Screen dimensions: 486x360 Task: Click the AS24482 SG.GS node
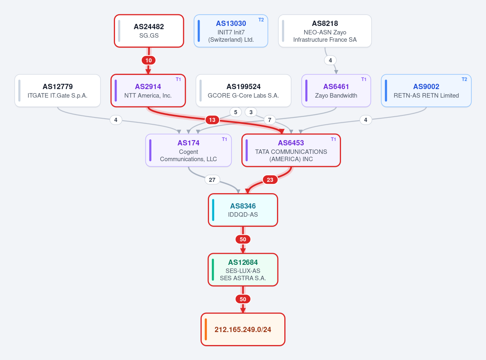pos(149,31)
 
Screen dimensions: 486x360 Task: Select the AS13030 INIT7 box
pos(231,31)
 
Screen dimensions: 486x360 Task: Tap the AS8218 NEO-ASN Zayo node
pos(325,31)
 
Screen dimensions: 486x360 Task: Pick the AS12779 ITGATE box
pos(58,90)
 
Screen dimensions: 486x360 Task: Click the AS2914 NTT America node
pos(148,90)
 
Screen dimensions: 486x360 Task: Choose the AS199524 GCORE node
pos(243,90)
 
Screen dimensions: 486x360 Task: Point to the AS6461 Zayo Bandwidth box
pos(336,90)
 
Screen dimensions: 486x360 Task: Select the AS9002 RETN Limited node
pos(426,90)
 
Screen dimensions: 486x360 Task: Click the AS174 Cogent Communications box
pos(188,150)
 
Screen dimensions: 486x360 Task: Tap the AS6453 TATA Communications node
pos(291,150)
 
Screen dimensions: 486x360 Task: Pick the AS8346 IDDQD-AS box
pos(243,210)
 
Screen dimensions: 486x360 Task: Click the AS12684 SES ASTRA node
pos(243,270)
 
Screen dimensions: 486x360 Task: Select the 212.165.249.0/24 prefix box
pos(243,329)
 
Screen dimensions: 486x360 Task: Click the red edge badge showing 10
pos(149,60)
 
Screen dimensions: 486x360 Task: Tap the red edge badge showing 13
pos(212,120)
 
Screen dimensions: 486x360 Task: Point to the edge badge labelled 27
pos(212,180)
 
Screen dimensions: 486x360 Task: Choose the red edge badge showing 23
pos(270,180)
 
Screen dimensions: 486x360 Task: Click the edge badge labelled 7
pos(269,120)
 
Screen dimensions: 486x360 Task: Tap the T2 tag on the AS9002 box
pos(464,79)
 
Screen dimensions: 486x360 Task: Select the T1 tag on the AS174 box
pos(224,139)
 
